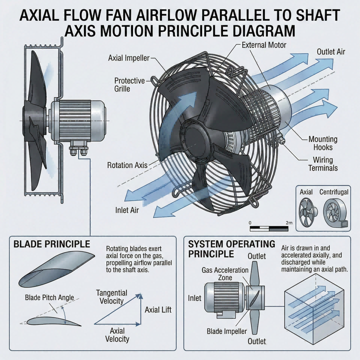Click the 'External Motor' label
(264, 45)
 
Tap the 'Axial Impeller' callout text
(129, 58)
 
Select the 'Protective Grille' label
(130, 85)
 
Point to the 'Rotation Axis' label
(127, 165)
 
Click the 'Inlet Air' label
(127, 210)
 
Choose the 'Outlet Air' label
(331, 52)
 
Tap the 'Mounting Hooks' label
(323, 143)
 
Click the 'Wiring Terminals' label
(323, 164)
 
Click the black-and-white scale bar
(269, 229)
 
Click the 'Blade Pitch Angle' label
(49, 297)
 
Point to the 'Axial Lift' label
(158, 310)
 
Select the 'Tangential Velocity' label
(112, 297)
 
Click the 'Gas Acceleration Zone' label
(225, 274)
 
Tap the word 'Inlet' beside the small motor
(194, 298)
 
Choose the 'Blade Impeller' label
(227, 331)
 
